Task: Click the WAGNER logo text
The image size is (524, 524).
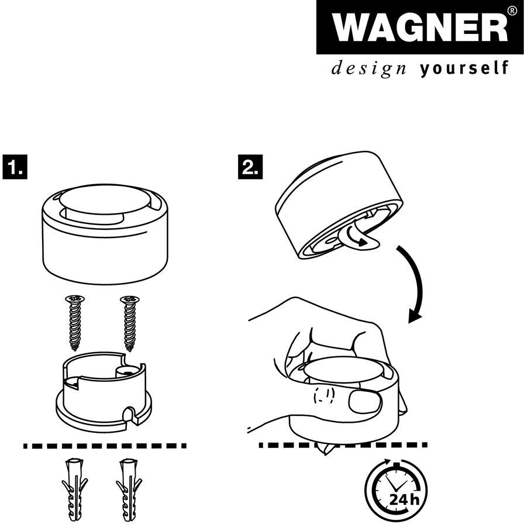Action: (x=413, y=27)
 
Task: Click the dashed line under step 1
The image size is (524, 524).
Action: (x=105, y=446)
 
